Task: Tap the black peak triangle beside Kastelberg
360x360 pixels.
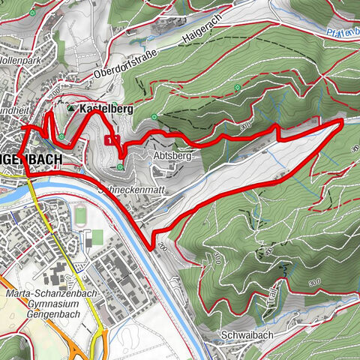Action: click(72, 109)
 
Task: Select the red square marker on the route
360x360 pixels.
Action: click(111, 139)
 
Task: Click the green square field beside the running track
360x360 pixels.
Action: click(97, 237)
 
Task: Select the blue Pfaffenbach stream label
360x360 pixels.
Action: click(342, 32)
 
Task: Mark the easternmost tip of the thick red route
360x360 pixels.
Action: click(342, 120)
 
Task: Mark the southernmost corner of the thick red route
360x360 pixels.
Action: click(154, 247)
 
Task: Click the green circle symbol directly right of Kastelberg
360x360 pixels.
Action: click(154, 116)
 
